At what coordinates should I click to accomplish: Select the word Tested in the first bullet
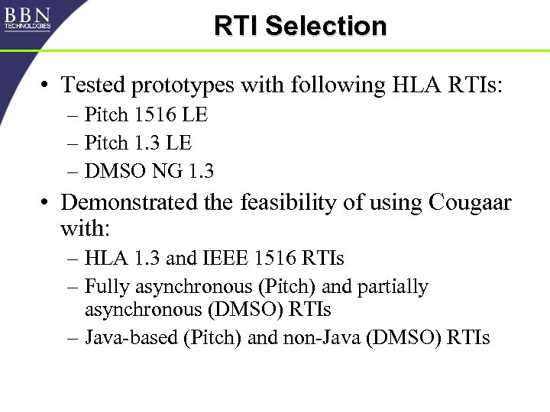(x=93, y=85)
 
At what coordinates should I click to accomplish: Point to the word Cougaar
(x=470, y=203)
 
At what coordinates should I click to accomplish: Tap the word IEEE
(x=228, y=259)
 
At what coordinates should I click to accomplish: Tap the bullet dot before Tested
(x=47, y=85)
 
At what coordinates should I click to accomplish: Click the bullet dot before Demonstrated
(x=47, y=204)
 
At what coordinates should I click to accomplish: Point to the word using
(x=397, y=204)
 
